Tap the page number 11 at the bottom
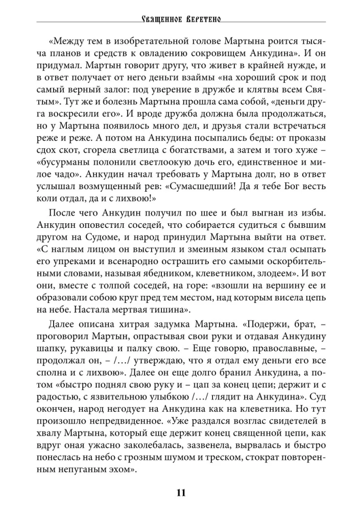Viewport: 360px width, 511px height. click(x=180, y=493)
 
